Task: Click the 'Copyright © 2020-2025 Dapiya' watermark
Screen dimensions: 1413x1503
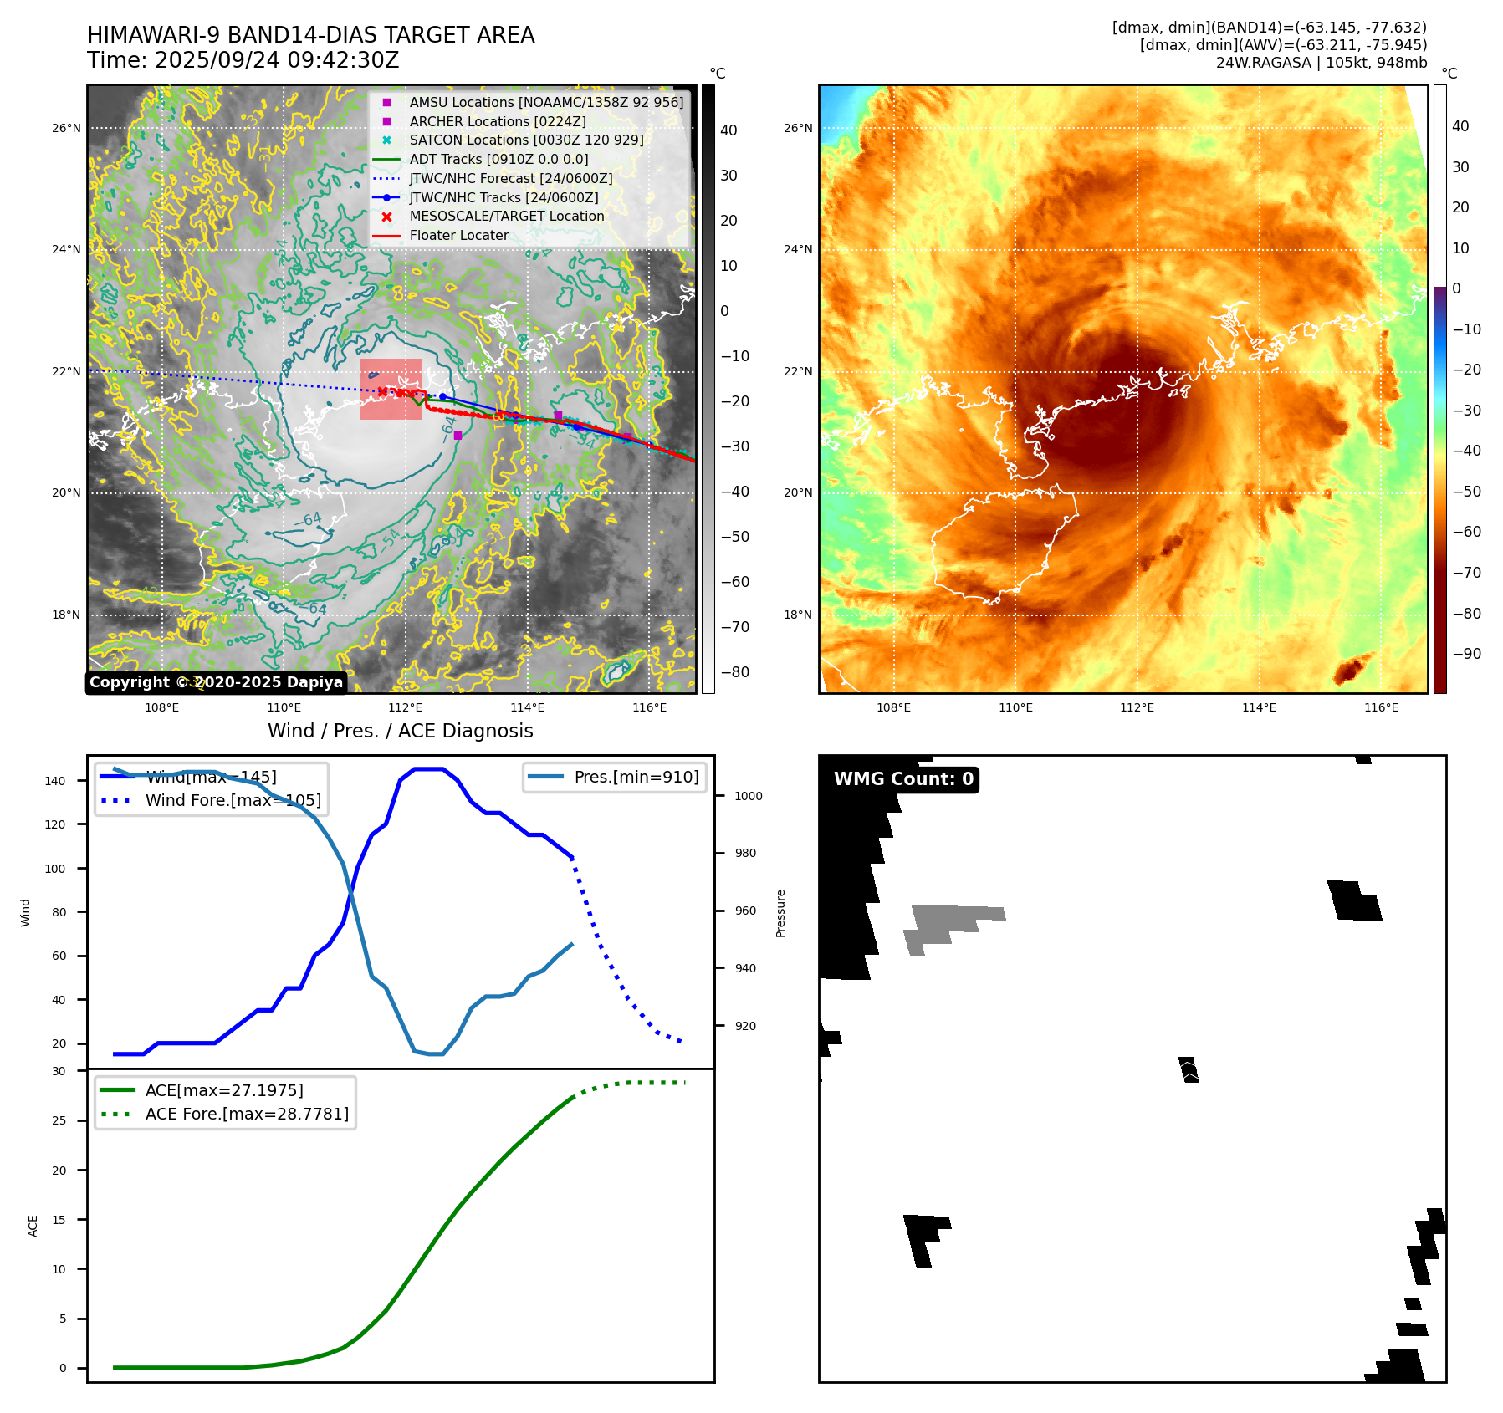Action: (x=216, y=682)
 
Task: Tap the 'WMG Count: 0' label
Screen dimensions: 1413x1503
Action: (x=903, y=779)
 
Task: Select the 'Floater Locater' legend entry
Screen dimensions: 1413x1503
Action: (x=458, y=236)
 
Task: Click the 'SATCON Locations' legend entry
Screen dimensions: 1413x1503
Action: (x=526, y=140)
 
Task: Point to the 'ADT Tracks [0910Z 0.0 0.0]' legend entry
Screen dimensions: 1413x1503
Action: (x=498, y=160)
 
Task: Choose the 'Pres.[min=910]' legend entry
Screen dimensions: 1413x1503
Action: (x=636, y=778)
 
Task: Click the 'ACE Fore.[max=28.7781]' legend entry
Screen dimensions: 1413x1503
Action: (x=247, y=1114)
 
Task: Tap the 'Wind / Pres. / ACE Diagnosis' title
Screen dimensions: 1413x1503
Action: (x=400, y=731)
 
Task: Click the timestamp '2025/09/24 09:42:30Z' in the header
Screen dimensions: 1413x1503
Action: (x=277, y=61)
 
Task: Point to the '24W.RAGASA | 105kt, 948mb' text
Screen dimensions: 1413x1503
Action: (x=1321, y=63)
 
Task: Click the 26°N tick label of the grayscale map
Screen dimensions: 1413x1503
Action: (x=67, y=129)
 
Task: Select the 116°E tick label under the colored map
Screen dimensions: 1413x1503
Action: (x=1381, y=708)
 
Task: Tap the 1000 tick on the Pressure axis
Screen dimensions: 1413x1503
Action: (x=749, y=796)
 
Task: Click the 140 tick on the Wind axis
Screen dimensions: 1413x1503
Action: (x=55, y=781)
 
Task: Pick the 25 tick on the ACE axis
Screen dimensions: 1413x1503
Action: (x=59, y=1120)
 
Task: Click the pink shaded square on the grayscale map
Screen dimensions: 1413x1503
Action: (x=391, y=389)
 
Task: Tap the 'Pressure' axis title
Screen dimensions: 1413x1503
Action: (x=781, y=913)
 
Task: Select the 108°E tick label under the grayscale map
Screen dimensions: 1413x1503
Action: (x=161, y=708)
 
